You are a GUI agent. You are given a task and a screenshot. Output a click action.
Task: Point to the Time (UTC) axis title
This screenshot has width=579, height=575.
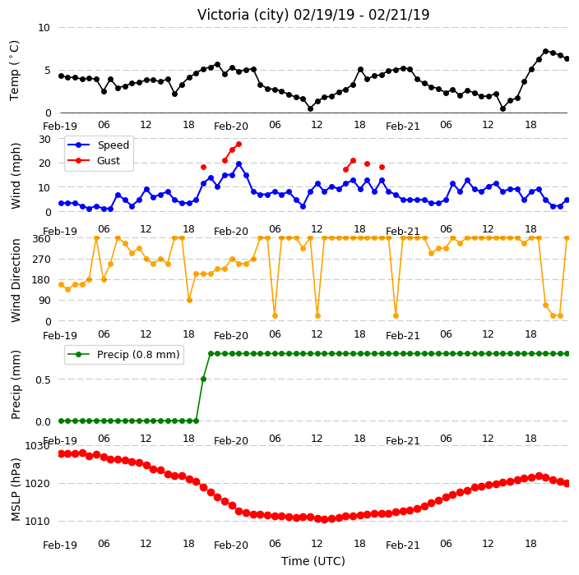pos(313,561)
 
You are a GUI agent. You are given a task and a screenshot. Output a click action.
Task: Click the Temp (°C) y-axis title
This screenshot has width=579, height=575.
pos(15,71)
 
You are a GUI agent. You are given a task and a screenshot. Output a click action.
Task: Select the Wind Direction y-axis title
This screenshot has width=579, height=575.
pos(16,280)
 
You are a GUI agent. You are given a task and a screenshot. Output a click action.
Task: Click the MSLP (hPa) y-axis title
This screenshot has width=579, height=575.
pos(16,490)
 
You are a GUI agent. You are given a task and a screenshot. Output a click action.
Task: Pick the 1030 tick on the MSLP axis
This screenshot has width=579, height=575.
pos(37,446)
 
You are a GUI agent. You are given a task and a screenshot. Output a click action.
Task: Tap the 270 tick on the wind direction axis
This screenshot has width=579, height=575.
pos(42,260)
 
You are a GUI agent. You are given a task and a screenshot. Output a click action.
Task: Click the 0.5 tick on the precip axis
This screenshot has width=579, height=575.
pos(43,379)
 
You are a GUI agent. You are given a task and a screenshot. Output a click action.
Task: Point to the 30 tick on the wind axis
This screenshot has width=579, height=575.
pos(44,140)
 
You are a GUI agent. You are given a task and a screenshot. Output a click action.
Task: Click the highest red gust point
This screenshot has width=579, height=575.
pos(239,145)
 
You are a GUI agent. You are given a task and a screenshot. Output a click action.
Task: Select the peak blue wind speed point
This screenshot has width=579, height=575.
pos(239,163)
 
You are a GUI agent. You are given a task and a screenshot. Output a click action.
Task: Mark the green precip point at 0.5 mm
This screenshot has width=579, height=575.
pos(203,379)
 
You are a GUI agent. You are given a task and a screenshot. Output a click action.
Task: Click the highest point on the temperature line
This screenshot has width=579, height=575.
pos(546,51)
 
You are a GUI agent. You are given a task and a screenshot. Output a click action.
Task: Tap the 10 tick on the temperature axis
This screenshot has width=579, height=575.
pos(44,28)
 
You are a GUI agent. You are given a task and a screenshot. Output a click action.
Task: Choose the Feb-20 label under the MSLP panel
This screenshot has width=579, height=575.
pos(231,545)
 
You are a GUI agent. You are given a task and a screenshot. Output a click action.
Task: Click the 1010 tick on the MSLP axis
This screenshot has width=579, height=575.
pos(37,521)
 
